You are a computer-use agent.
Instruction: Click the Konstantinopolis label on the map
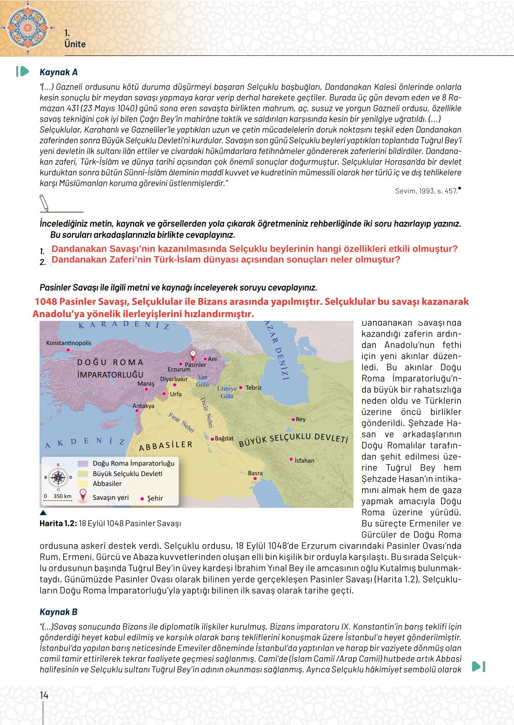(69, 343)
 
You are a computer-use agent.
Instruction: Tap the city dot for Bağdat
(212, 439)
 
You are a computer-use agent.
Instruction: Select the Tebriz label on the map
(254, 387)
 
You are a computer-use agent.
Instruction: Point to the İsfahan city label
(304, 460)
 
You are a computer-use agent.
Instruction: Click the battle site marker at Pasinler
(193, 354)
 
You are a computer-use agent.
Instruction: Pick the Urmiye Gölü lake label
(227, 392)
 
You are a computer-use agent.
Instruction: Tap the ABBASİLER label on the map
(166, 446)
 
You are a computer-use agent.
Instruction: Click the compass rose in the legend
(58, 477)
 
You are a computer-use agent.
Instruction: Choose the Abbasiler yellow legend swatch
(83, 484)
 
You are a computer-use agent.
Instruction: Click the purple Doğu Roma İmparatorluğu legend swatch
(83, 463)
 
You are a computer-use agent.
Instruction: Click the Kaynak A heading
(59, 72)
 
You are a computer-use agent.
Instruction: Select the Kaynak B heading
(59, 612)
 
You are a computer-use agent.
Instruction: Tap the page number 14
(44, 695)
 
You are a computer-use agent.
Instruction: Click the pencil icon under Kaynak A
(44, 203)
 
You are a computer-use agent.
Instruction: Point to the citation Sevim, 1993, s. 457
(426, 191)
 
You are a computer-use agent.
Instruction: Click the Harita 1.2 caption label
(58, 523)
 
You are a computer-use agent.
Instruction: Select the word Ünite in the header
(75, 44)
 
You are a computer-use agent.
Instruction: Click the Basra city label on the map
(255, 473)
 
